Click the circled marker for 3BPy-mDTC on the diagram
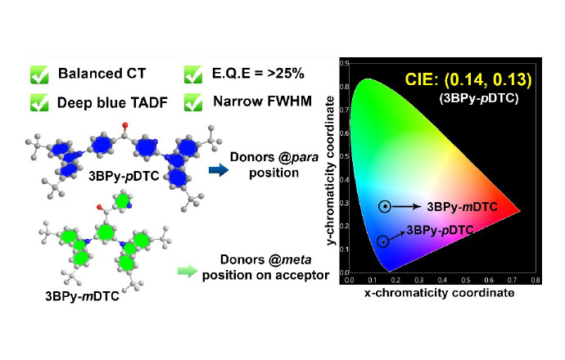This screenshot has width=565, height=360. pos(384,207)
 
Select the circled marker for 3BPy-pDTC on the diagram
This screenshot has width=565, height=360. pos(383,241)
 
